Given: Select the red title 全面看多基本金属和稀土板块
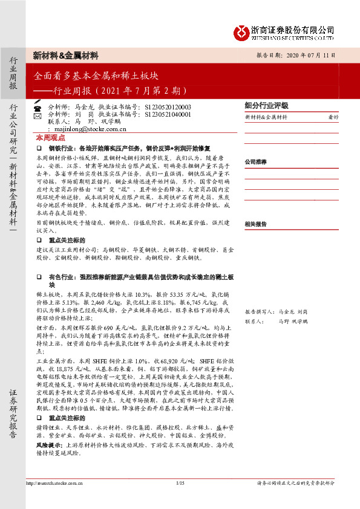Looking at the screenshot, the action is point(96,77).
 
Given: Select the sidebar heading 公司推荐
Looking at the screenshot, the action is point(256,162).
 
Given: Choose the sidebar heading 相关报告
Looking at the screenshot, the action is point(256,224).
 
